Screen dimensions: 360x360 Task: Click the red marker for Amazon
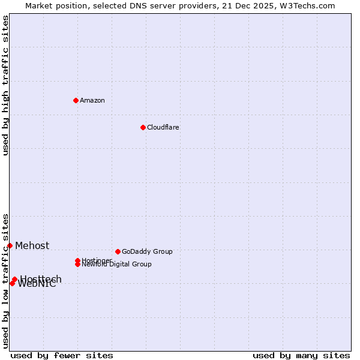point(76,100)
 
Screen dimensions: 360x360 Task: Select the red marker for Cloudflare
point(143,127)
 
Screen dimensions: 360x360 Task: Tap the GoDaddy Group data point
point(118,251)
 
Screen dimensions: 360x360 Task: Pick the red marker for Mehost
point(10,245)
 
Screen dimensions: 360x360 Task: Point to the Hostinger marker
point(77,260)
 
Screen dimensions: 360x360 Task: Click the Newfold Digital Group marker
point(78,264)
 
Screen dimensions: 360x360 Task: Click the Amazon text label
point(92,100)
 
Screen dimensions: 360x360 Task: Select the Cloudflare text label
point(163,127)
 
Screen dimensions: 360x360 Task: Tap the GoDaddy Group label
point(147,251)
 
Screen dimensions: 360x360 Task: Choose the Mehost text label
point(32,245)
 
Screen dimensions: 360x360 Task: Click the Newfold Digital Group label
point(117,265)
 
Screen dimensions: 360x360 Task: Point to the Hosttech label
point(41,279)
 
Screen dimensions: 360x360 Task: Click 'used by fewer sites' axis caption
point(62,355)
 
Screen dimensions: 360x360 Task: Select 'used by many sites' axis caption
point(301,355)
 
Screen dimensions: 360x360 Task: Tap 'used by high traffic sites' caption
point(5,85)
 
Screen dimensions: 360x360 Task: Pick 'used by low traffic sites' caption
point(5,281)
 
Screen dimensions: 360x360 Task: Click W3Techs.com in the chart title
point(307,5)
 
